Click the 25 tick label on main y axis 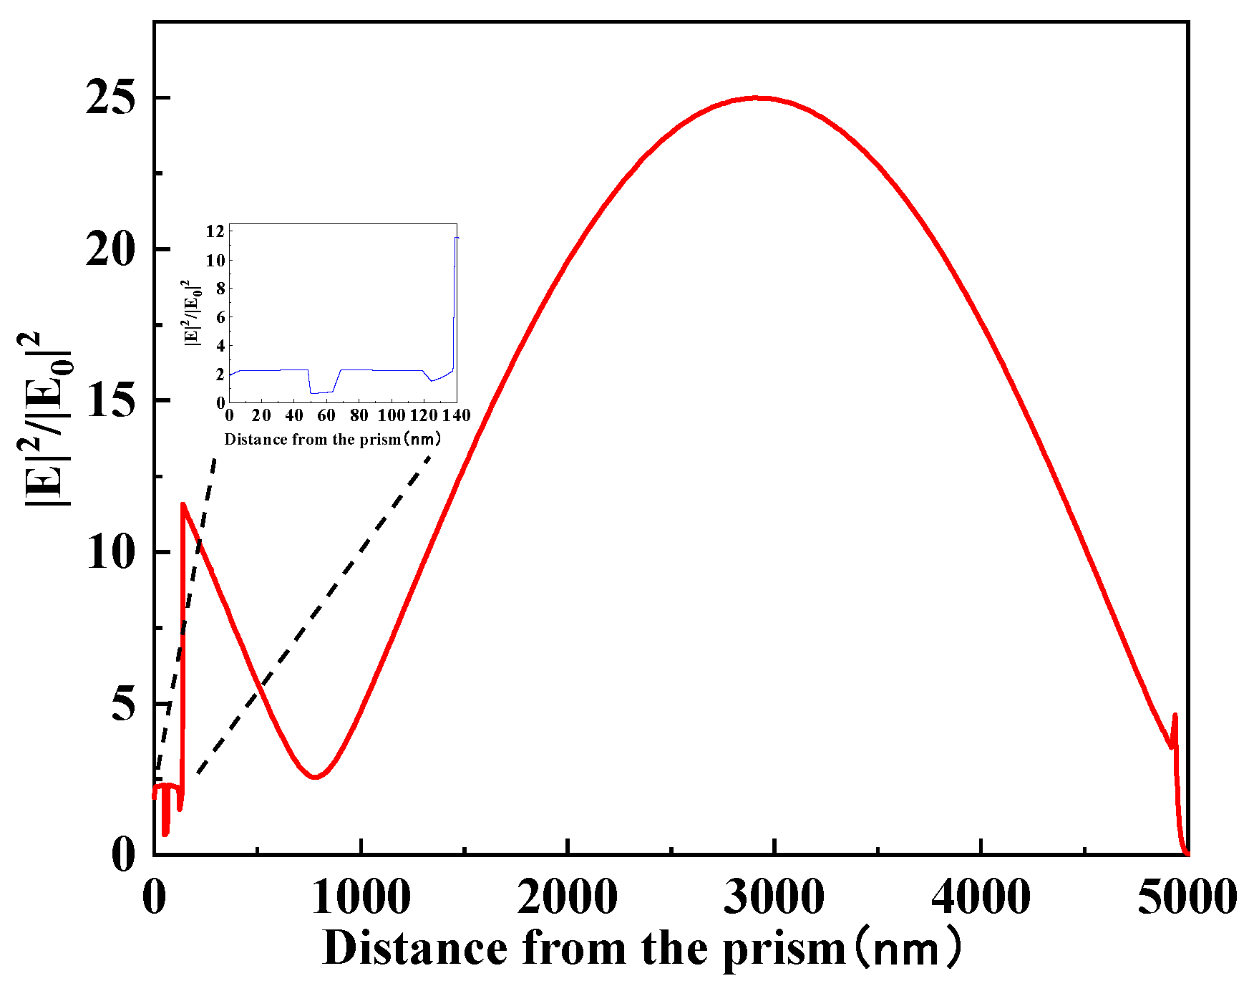click(x=110, y=98)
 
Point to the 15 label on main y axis click(x=110, y=400)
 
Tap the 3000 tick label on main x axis click(x=774, y=897)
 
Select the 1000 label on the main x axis click(x=361, y=897)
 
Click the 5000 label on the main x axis click(x=1186, y=897)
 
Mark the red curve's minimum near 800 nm click(x=315, y=777)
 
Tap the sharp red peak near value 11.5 click(x=183, y=505)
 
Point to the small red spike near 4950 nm click(x=1175, y=716)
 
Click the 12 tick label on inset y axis click(x=215, y=231)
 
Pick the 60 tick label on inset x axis click(x=326, y=416)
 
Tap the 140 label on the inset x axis click(x=456, y=416)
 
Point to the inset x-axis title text click(x=333, y=440)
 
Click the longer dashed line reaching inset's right click(x=315, y=612)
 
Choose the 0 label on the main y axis click(x=123, y=854)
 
